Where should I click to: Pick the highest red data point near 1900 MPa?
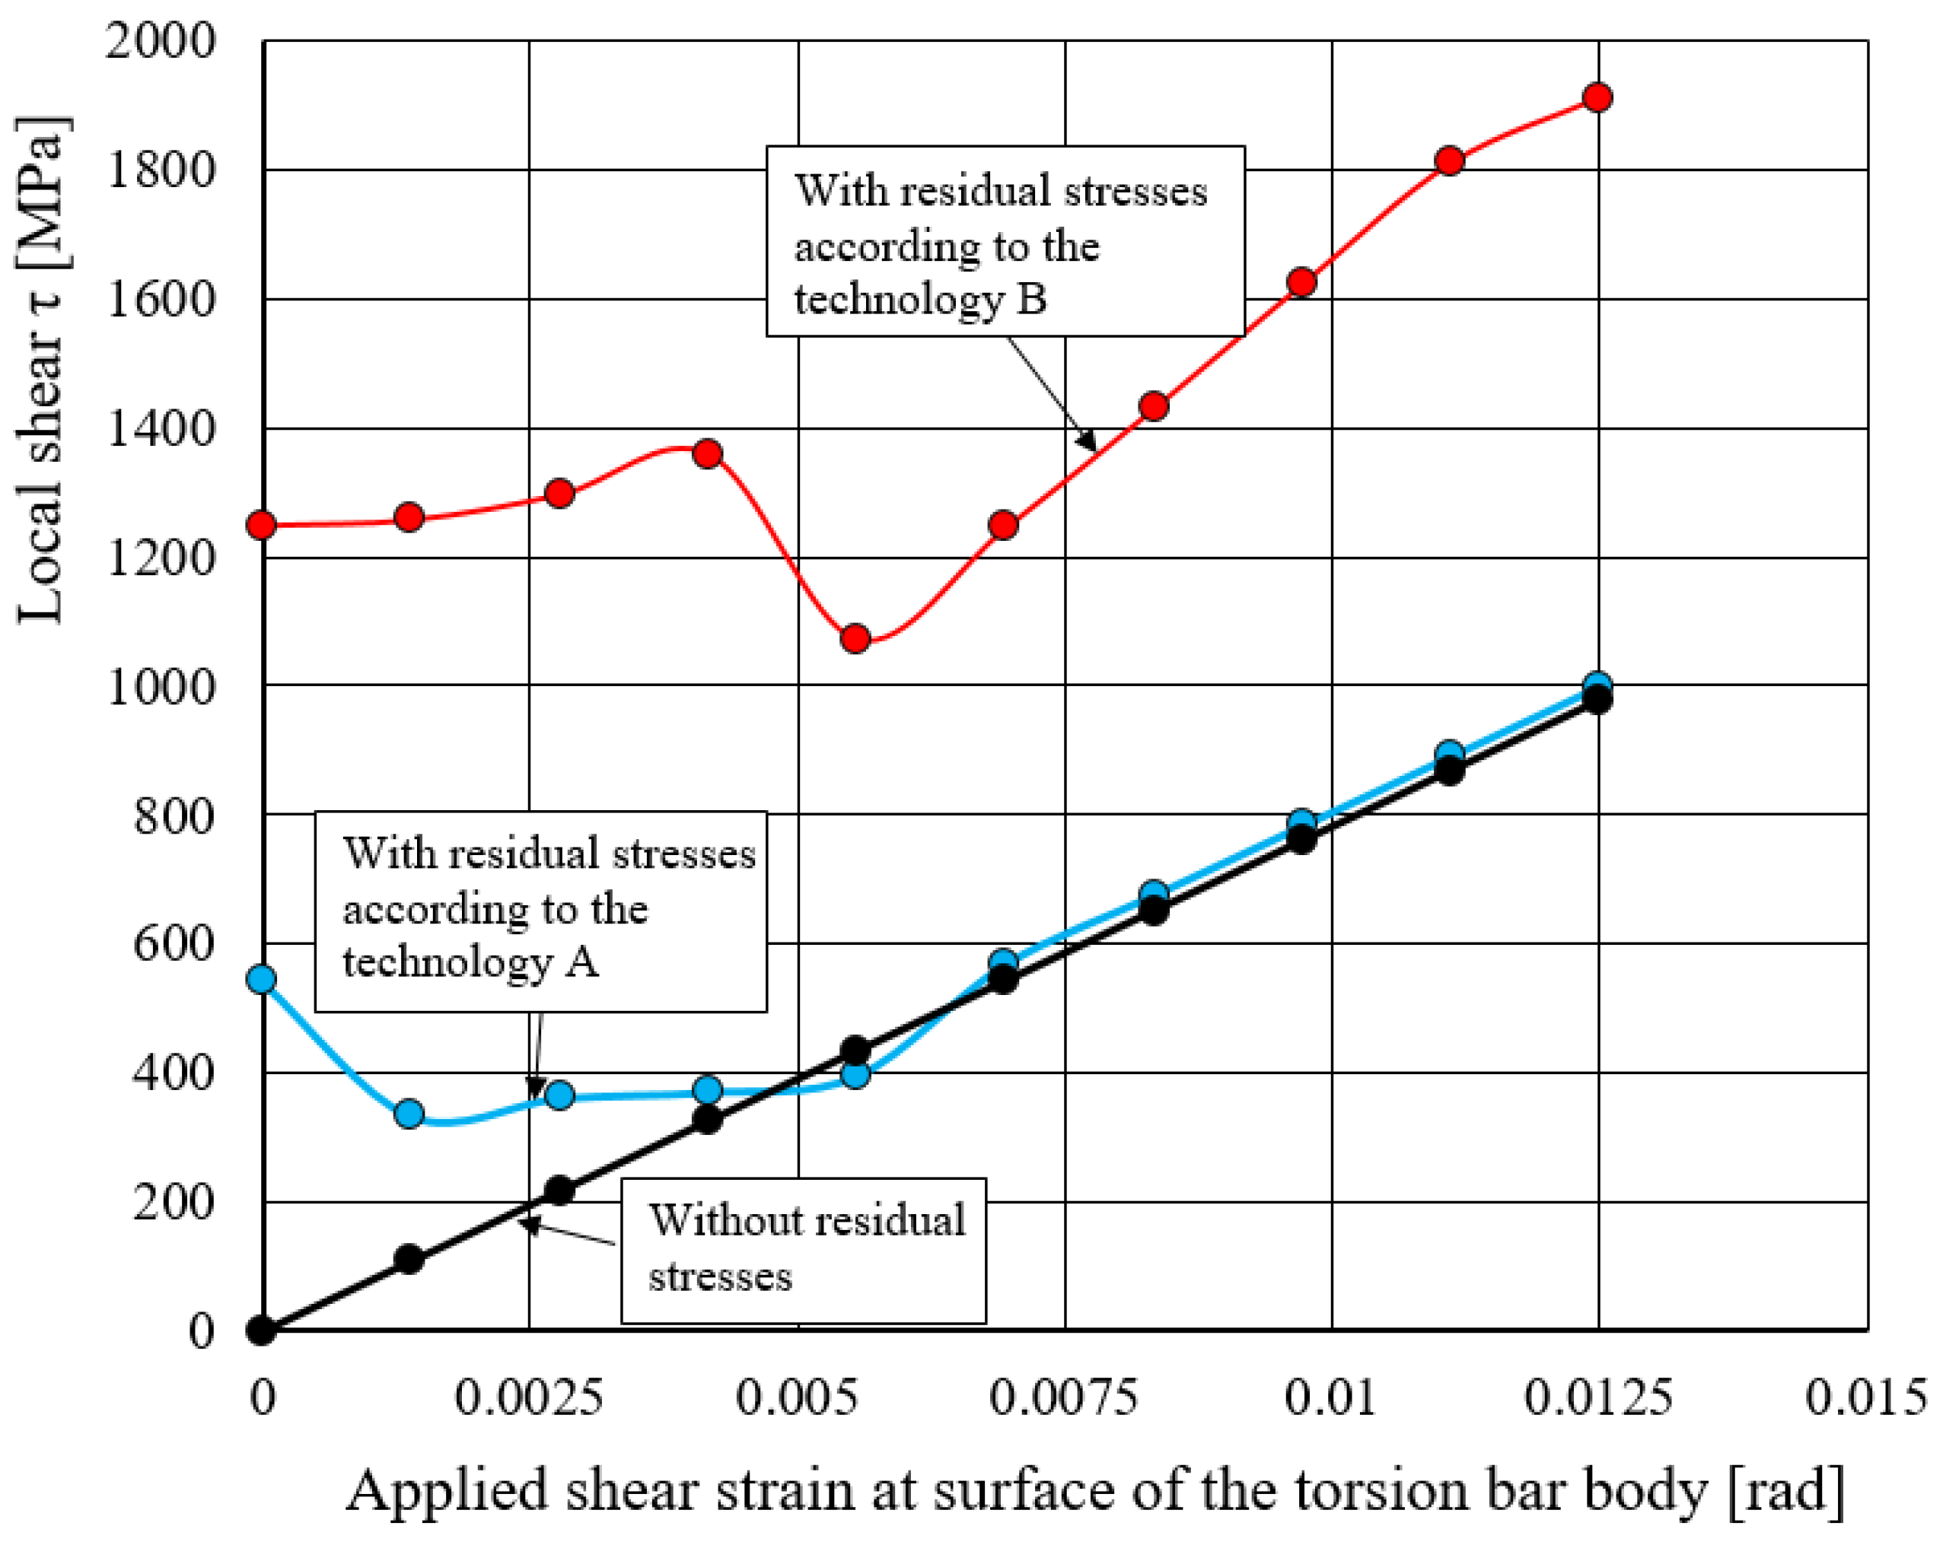(1597, 97)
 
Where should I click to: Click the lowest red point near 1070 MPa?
(855, 639)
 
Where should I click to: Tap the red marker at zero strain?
(262, 525)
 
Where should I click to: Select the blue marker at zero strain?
(262, 979)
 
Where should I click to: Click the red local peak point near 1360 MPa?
(708, 453)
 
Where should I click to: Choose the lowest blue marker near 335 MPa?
(409, 1114)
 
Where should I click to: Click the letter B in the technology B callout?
(1032, 300)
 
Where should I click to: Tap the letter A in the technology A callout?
(582, 962)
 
